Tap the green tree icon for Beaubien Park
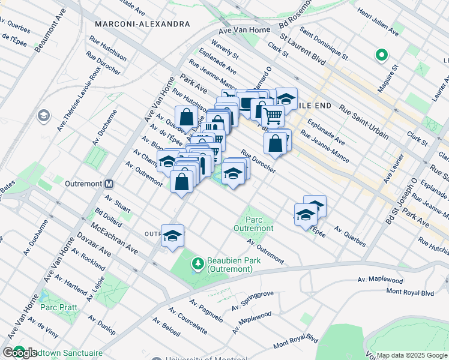197,263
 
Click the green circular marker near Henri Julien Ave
381,56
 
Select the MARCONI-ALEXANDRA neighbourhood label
142,24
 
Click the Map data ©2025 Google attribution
412,355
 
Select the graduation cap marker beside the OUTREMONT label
172,236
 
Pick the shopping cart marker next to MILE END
273,115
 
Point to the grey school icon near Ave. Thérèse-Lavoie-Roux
43,115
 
